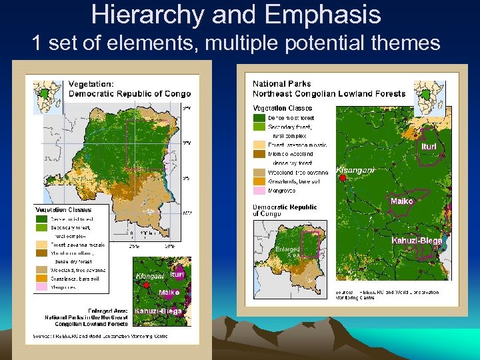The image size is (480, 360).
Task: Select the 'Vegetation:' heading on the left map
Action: [92, 84]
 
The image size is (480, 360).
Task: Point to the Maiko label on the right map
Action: [402, 201]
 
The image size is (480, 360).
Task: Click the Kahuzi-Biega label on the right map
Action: [417, 241]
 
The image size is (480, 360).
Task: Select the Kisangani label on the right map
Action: [355, 170]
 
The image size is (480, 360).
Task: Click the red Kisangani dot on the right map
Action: [341, 179]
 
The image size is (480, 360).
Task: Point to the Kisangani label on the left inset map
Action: [149, 275]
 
